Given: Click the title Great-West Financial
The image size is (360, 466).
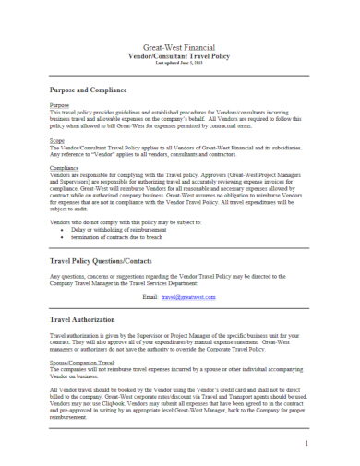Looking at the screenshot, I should [180, 46].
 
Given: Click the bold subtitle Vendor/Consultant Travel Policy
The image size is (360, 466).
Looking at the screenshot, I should [180, 55].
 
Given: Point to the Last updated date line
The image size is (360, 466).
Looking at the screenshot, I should [180, 63].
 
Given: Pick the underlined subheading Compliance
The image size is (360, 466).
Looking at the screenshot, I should [64, 168].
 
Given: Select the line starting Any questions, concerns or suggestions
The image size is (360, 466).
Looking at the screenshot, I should [175, 278].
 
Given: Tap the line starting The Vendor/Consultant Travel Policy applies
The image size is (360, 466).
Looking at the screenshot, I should [175, 148].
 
